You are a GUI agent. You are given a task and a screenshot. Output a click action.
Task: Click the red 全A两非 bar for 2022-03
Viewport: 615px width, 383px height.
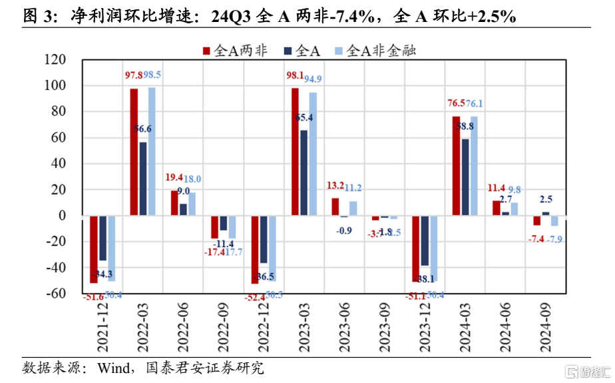pyautogui.click(x=134, y=152)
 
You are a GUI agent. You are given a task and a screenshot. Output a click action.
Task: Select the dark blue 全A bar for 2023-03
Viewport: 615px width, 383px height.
pyautogui.click(x=304, y=173)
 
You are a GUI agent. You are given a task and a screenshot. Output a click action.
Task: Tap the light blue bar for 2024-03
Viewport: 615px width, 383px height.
pyautogui.click(x=475, y=166)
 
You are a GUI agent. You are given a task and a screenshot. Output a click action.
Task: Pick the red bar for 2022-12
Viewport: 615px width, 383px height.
pyautogui.click(x=254, y=249)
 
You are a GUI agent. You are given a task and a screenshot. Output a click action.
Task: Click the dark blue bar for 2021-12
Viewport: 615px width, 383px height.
pyautogui.click(x=102, y=238)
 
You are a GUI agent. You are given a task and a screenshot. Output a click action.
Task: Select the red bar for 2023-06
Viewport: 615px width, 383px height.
pyautogui.click(x=335, y=206)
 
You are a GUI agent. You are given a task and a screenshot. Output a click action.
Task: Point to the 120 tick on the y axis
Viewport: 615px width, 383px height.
pyautogui.click(x=56, y=60)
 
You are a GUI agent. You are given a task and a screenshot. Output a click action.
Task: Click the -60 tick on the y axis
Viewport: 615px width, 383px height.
pyautogui.click(x=56, y=294)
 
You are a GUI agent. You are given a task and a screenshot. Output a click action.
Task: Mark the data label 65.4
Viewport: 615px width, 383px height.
pyautogui.click(x=306, y=117)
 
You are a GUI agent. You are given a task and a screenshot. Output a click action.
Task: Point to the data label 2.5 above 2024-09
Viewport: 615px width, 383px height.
pyautogui.click(x=546, y=199)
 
